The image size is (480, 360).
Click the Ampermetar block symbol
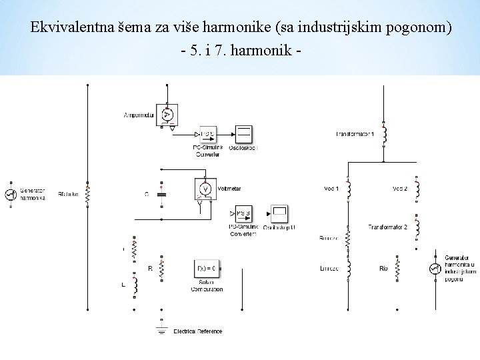(x=167, y=115)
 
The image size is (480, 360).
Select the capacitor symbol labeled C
(x=162, y=194)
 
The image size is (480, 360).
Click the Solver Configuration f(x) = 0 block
(x=206, y=269)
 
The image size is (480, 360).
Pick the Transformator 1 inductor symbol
(x=384, y=135)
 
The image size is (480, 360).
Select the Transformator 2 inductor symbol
(x=416, y=228)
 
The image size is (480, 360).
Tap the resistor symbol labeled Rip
(x=398, y=269)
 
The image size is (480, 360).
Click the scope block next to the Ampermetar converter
(x=244, y=134)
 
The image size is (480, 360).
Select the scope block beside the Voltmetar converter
(x=279, y=213)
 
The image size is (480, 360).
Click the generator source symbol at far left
(x=10, y=194)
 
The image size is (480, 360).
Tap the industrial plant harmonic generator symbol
(x=435, y=269)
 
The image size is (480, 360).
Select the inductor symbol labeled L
(x=135, y=286)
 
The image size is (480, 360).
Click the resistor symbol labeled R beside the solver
(x=162, y=269)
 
